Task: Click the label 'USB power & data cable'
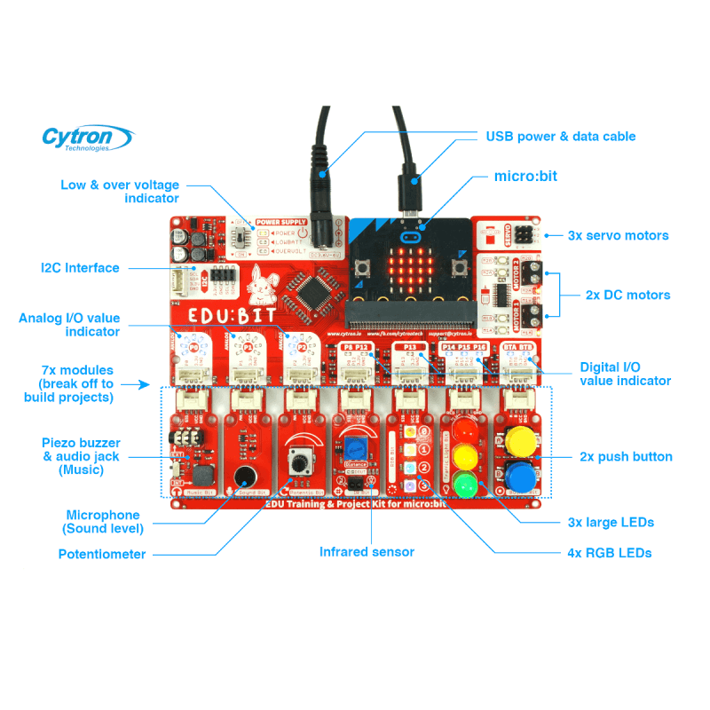560,137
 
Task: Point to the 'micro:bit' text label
525,177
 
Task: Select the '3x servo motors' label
618,236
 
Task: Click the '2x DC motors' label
627,295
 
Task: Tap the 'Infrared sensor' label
367,552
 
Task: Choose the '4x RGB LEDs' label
609,553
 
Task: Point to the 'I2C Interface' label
80,267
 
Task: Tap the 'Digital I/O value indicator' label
625,374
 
